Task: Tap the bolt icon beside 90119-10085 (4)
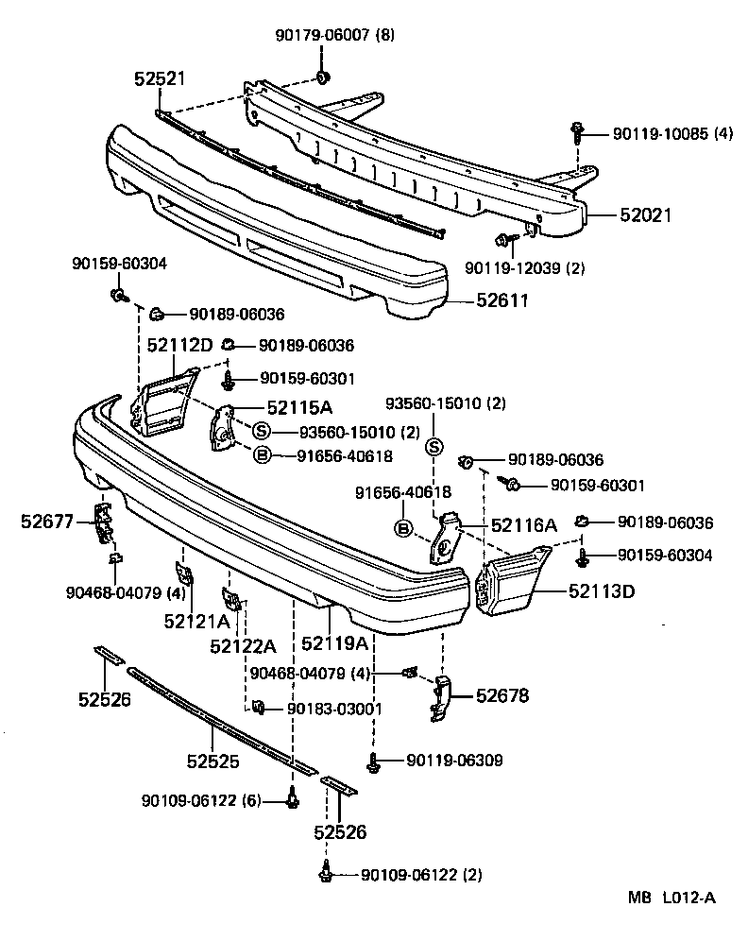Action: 575,133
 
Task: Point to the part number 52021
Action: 645,215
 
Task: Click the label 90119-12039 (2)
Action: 524,268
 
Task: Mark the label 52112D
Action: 179,346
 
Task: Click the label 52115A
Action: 298,408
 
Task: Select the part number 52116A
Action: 522,525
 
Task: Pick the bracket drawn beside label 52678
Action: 441,698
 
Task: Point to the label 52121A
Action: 196,621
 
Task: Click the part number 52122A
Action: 243,645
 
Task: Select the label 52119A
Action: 334,643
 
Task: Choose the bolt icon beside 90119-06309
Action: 374,761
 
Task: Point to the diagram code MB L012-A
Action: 671,898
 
